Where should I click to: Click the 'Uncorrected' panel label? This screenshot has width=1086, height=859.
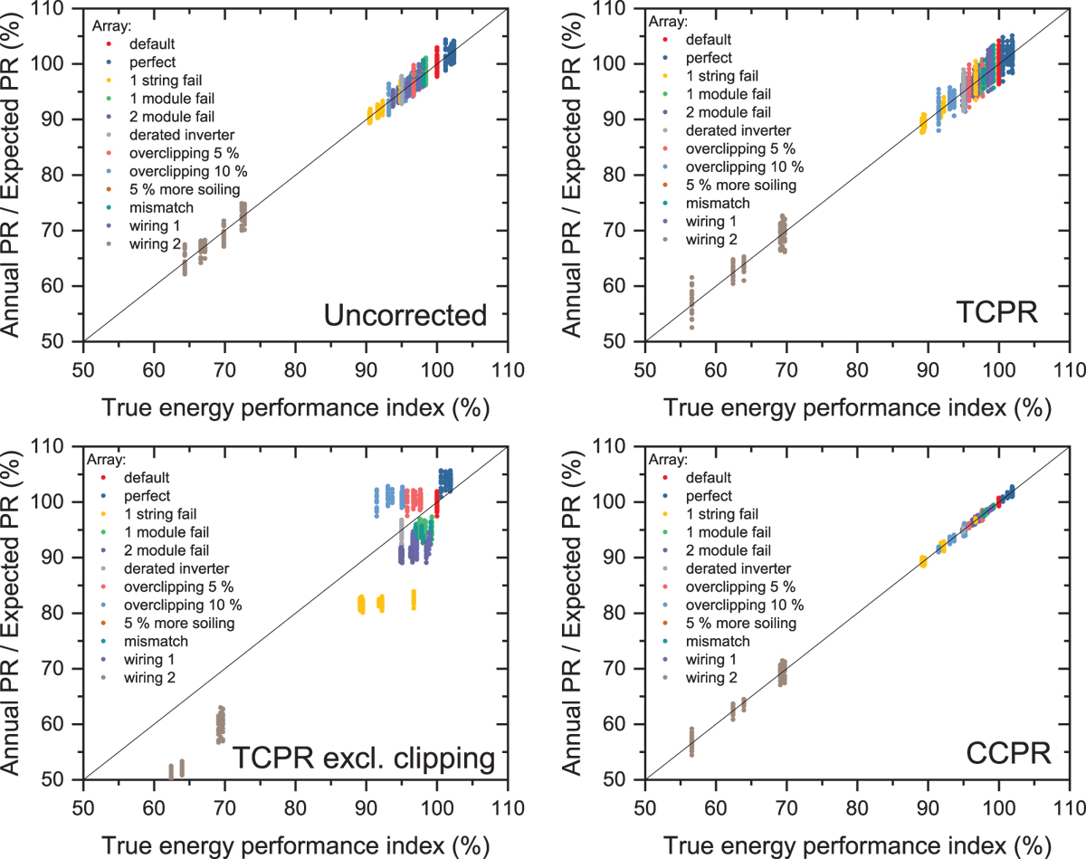(x=405, y=316)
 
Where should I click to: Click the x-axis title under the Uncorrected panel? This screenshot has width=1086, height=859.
(x=296, y=408)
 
